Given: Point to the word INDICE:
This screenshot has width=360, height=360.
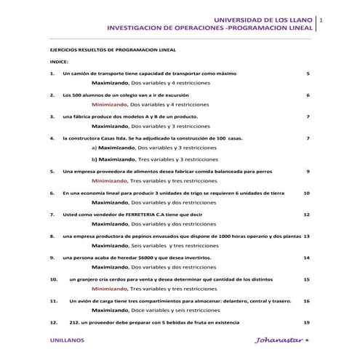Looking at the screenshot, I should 59,63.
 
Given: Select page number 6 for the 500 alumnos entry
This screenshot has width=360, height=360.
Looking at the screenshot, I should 308,95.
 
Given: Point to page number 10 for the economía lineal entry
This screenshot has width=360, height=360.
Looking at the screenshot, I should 307,193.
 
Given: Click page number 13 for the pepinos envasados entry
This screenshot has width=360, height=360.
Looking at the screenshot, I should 307,236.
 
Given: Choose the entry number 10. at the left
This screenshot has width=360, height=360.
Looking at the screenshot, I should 53,279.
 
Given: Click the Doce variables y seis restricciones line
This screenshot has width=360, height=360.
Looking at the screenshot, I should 172,311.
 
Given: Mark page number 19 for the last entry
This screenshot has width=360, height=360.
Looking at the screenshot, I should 307,321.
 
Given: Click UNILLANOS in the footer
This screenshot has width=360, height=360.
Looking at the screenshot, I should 67,340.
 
